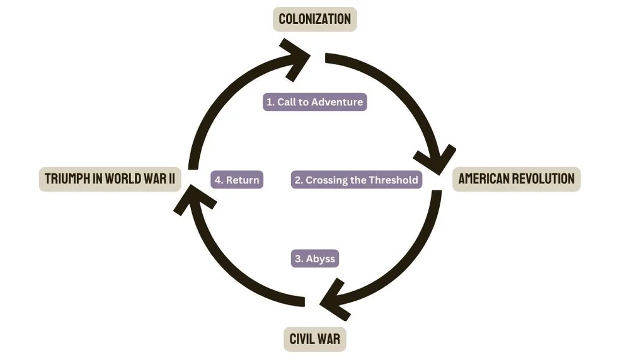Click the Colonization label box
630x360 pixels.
[x=315, y=19]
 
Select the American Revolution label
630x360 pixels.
[x=516, y=179]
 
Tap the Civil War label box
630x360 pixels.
[x=315, y=340]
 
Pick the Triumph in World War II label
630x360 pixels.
[x=110, y=179]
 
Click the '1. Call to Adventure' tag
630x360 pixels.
[x=314, y=102]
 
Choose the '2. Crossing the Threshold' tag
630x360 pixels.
[x=357, y=180]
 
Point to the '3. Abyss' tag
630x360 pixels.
[x=314, y=258]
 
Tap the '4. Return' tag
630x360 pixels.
[x=236, y=180]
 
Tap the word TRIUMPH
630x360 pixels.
[x=67, y=179]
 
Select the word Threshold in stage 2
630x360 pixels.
[x=392, y=180]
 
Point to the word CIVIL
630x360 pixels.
[x=301, y=340]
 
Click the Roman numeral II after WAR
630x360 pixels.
[x=170, y=179]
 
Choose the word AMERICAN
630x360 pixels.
[x=482, y=179]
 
